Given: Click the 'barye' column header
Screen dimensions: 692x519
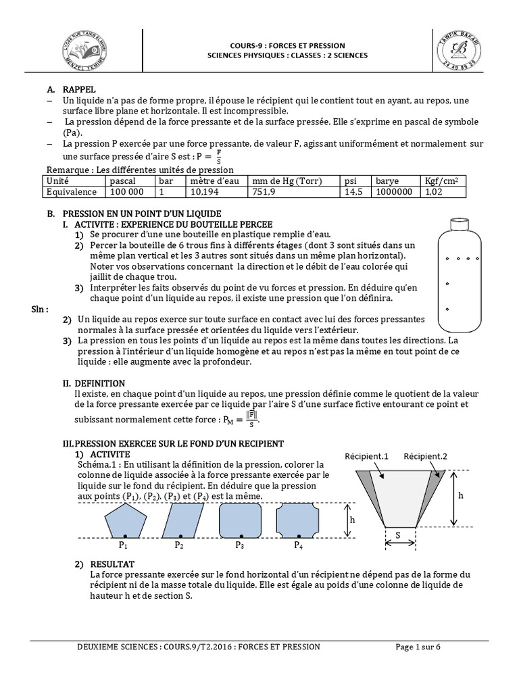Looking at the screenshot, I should point(387,181).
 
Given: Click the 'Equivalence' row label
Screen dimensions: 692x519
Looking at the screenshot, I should point(71,192).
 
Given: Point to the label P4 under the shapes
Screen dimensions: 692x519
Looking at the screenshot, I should point(298,545).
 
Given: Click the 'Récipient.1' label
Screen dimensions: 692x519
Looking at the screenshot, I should point(366,456).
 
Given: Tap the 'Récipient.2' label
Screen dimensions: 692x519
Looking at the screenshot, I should point(425,456).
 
